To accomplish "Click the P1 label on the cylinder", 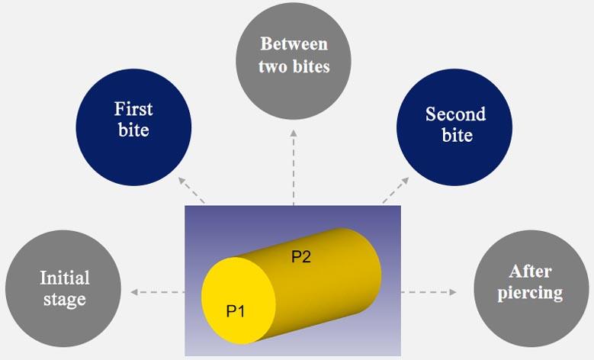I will [236, 310].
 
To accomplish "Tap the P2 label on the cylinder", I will [301, 257].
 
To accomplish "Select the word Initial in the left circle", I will [64, 278].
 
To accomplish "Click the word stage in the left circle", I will [64, 299].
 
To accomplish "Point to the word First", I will [133, 108].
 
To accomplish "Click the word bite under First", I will [133, 130].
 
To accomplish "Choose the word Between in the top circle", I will [294, 43].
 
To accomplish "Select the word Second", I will [455, 114].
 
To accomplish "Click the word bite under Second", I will [456, 136].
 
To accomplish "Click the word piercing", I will [530, 293].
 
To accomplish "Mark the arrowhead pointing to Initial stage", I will [134, 291].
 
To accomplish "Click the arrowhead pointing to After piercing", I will [453, 291].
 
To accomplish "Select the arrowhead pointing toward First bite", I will [181, 179].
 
